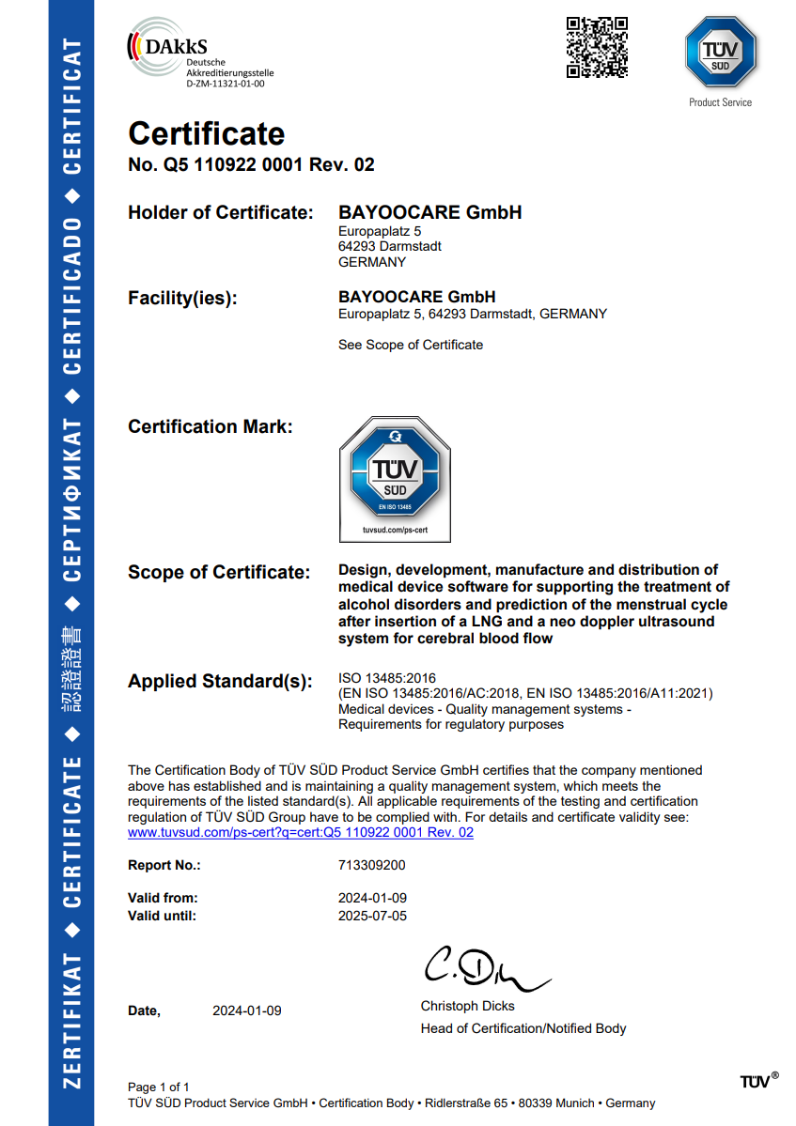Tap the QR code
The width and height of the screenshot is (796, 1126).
[597, 47]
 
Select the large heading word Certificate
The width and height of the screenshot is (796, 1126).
[207, 133]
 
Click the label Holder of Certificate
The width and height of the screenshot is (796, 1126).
[220, 213]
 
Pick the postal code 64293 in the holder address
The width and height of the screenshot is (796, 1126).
[358, 246]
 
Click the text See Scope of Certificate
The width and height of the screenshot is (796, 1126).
[411, 345]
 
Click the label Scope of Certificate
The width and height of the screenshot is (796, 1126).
[218, 572]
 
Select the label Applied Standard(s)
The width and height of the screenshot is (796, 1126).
[220, 682]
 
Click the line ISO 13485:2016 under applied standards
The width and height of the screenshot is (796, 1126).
[387, 678]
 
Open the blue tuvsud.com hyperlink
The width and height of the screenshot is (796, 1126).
[301, 832]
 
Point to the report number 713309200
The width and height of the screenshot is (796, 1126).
[372, 865]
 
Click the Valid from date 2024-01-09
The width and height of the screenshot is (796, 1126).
[372, 898]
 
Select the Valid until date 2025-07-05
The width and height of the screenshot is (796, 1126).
[372, 916]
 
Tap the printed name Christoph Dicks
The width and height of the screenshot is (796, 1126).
[467, 1006]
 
